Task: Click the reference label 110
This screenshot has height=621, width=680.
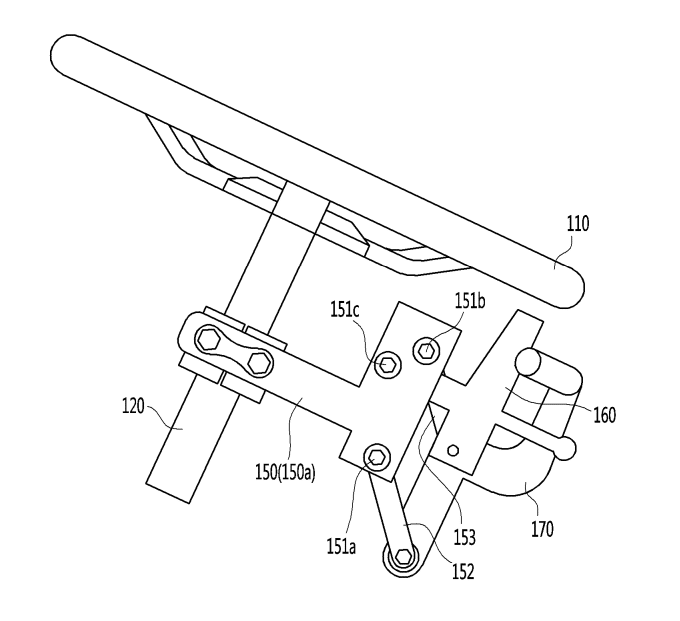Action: (578, 224)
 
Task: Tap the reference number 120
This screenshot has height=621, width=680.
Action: (133, 407)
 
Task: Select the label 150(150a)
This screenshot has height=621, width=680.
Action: (285, 472)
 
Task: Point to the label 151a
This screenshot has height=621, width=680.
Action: (341, 547)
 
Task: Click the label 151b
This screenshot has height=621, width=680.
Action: (470, 301)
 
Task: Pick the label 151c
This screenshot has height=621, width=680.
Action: (345, 310)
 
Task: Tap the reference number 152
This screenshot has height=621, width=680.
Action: (463, 572)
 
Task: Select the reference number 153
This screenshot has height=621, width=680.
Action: (464, 537)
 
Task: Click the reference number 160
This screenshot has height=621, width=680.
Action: (604, 415)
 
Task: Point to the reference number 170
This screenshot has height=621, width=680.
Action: (543, 529)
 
